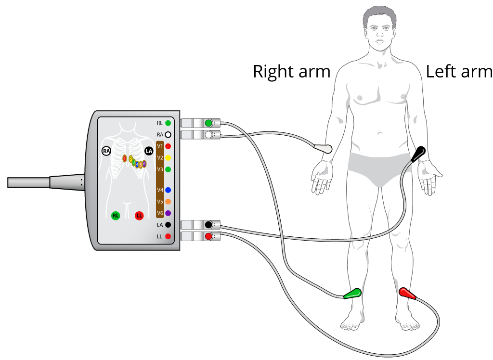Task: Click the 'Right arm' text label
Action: pyautogui.click(x=292, y=72)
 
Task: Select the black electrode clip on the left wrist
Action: pyautogui.click(x=418, y=154)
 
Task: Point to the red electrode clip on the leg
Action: pyautogui.click(x=407, y=293)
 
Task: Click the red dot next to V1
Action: pyautogui.click(x=168, y=146)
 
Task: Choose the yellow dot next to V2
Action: pyautogui.click(x=168, y=158)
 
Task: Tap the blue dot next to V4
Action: pyautogui.click(x=168, y=190)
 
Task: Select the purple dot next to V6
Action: pyautogui.click(x=168, y=213)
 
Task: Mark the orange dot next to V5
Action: pyautogui.click(x=168, y=202)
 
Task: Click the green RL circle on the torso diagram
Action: pyautogui.click(x=116, y=215)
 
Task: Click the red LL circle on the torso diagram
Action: pyautogui.click(x=139, y=215)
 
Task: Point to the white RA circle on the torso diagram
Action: pyautogui.click(x=106, y=151)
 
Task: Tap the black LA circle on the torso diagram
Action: pyautogui.click(x=149, y=151)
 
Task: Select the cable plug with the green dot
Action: pyautogui.click(x=200, y=123)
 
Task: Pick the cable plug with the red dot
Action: pyautogui.click(x=200, y=236)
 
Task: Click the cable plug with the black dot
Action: pyautogui.click(x=200, y=225)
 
